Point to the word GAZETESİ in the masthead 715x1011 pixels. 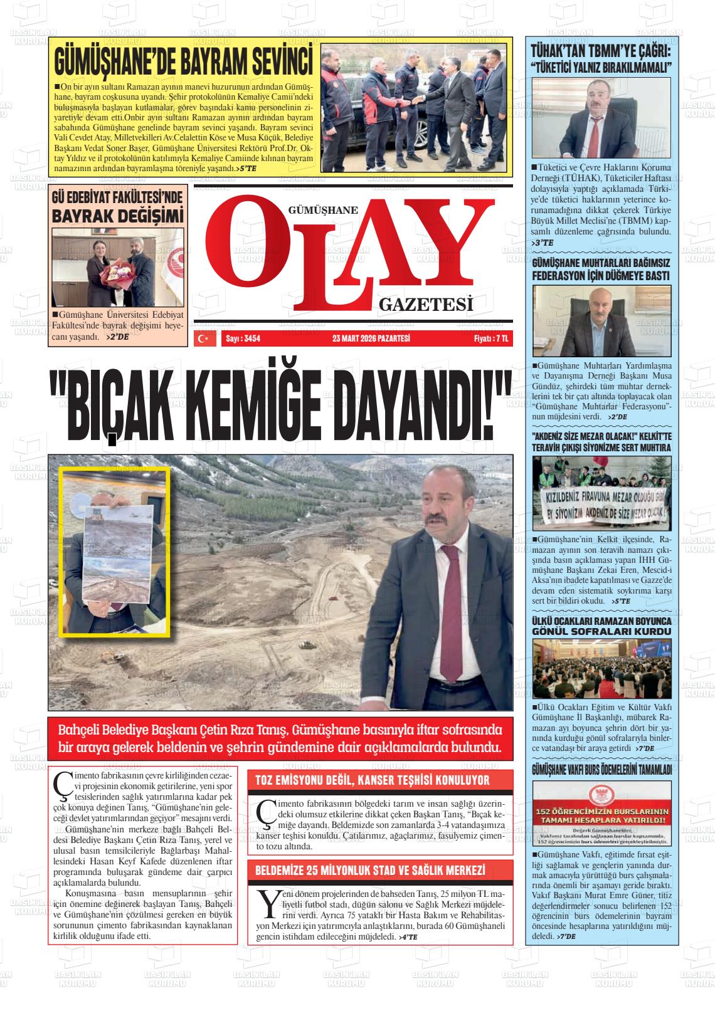[x=425, y=305]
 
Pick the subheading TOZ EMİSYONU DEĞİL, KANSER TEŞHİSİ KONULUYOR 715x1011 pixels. [x=372, y=780]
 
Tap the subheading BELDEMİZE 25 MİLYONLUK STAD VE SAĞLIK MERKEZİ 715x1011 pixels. [x=370, y=871]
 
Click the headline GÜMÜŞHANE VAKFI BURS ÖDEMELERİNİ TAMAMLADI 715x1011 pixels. [x=601, y=769]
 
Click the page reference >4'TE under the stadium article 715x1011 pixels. [x=408, y=936]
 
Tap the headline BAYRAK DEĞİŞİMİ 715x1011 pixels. [x=118, y=216]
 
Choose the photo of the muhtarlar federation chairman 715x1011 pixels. [x=601, y=320]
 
